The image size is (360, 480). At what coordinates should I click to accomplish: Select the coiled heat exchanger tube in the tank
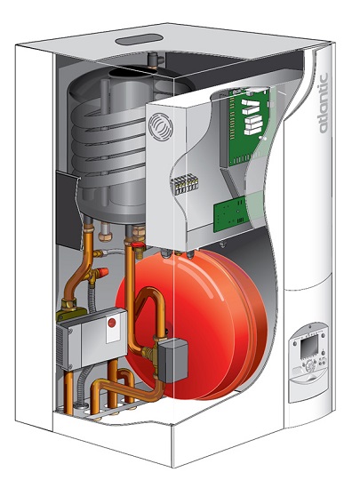point(111,133)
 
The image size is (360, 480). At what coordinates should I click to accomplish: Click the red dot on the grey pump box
point(112,326)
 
